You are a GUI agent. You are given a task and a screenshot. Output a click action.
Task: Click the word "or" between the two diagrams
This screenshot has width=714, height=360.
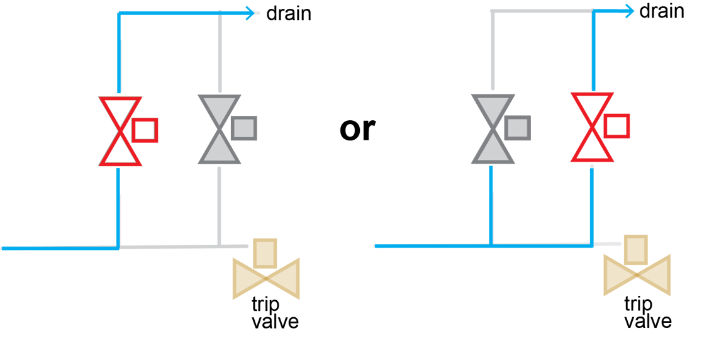[357, 129]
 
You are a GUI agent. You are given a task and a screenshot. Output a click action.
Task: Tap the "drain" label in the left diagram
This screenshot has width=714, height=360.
[289, 13]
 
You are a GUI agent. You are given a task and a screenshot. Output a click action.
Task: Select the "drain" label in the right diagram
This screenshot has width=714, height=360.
[662, 11]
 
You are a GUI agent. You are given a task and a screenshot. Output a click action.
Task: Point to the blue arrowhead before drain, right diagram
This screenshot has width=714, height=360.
[628, 10]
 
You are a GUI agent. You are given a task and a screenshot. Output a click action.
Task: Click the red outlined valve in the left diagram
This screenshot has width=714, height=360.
[120, 131]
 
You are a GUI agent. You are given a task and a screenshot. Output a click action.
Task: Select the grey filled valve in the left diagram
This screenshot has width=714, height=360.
[219, 130]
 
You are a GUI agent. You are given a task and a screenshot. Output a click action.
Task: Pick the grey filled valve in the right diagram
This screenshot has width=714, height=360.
[493, 129]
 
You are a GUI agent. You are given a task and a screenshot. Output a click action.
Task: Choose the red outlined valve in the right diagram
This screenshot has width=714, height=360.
[591, 127]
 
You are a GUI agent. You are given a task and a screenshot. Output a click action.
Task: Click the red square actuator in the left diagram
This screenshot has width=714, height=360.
[145, 130]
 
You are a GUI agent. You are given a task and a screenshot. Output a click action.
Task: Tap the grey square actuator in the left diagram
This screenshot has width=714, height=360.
[243, 128]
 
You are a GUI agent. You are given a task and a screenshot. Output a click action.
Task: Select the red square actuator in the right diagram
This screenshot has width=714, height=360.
[616, 125]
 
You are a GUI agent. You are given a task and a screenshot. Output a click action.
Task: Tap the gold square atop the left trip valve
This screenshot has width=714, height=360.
[265, 252]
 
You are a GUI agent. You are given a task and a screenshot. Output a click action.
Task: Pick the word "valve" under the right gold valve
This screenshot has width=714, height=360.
[647, 321]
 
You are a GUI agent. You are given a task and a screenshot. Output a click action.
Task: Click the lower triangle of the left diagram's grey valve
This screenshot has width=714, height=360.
[219, 149]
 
